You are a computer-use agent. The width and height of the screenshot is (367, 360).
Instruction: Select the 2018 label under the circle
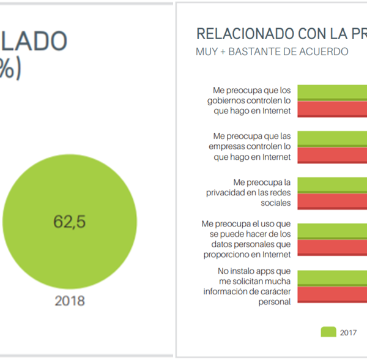[69, 301]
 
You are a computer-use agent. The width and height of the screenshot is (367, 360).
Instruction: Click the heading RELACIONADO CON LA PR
[281, 34]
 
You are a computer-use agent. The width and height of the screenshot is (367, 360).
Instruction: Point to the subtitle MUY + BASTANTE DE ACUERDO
[272, 51]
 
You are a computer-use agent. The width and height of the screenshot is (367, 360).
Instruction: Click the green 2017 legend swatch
[328, 332]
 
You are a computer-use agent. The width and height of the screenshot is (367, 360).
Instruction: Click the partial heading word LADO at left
[34, 42]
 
